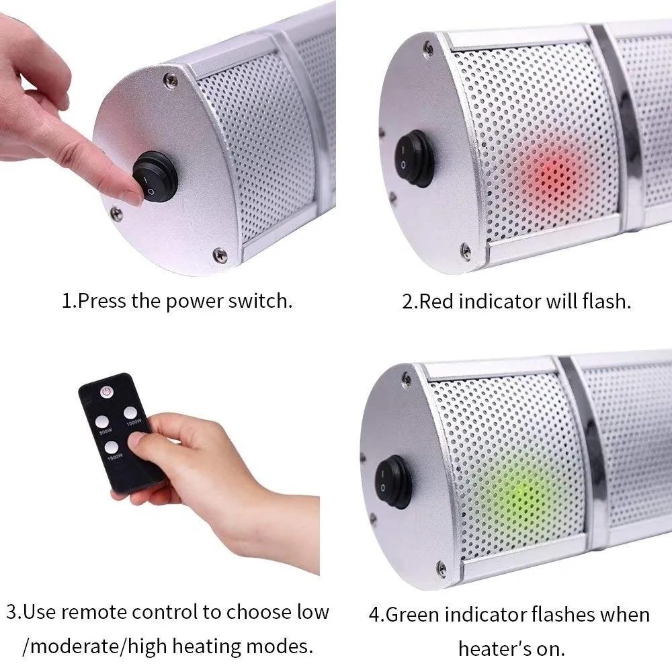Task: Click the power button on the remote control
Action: click(106, 391)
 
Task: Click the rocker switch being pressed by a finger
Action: click(155, 178)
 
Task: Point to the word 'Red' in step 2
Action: click(436, 300)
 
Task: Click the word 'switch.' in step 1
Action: click(260, 300)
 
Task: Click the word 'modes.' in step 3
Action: click(283, 646)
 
